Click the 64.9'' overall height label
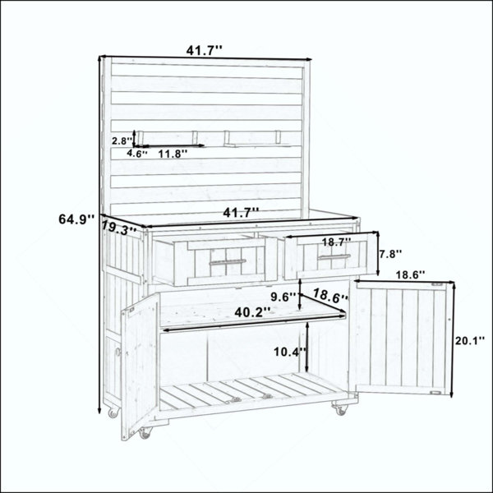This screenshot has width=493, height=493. (76, 219)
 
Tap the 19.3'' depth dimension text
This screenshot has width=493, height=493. (119, 228)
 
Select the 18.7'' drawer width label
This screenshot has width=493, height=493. (336, 242)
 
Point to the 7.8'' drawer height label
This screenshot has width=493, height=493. (389, 254)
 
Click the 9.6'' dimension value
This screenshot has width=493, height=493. (283, 297)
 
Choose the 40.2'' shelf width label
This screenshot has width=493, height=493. (252, 312)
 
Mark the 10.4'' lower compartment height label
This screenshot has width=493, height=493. (290, 352)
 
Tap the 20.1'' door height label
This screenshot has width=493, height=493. (470, 340)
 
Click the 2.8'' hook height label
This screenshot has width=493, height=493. (122, 141)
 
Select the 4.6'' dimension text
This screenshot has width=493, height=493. (137, 154)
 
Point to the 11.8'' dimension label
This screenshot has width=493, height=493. (173, 154)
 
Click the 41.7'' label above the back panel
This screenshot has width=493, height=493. (205, 50)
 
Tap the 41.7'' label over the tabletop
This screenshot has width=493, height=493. (241, 213)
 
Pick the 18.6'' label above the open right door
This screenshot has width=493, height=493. (410, 275)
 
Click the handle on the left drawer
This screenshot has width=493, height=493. (228, 261)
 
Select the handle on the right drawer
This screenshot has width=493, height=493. (334, 256)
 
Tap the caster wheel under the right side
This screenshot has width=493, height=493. (340, 409)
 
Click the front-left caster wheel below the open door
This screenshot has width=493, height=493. (145, 433)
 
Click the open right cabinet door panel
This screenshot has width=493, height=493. (403, 338)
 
